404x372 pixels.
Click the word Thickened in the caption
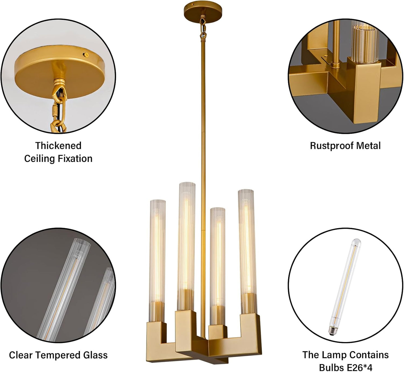(58, 145)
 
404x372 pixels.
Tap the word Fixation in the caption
(75, 159)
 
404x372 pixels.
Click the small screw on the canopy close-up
(86, 54)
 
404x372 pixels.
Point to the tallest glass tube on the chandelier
(186, 246)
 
